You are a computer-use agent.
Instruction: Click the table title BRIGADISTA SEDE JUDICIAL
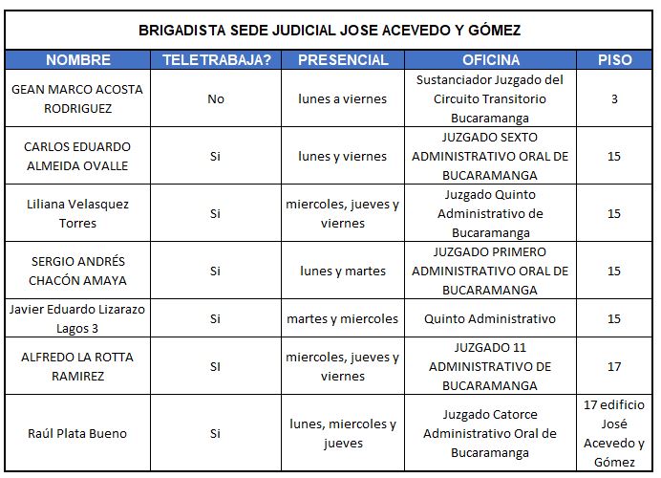coord(330,30)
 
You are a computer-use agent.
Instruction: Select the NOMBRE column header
coord(78,59)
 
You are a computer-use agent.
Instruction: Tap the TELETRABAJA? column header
coord(216,59)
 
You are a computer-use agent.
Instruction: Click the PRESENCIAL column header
coord(343,59)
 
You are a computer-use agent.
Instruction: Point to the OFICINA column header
coord(491,59)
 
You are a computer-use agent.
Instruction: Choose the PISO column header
coord(614,59)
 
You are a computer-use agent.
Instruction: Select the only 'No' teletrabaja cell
coord(216,98)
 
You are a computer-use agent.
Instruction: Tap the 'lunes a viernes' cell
coord(343,98)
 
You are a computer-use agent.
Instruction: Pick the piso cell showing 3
coord(614,98)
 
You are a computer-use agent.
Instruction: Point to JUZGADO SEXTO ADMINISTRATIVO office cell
coord(491,156)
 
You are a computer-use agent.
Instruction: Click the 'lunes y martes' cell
coord(343,271)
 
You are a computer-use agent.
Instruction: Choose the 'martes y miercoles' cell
coord(343,318)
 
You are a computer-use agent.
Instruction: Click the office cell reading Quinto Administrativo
coord(491,318)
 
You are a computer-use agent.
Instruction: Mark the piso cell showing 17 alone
coord(614,366)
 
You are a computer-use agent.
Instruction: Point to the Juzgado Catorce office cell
coord(491,433)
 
